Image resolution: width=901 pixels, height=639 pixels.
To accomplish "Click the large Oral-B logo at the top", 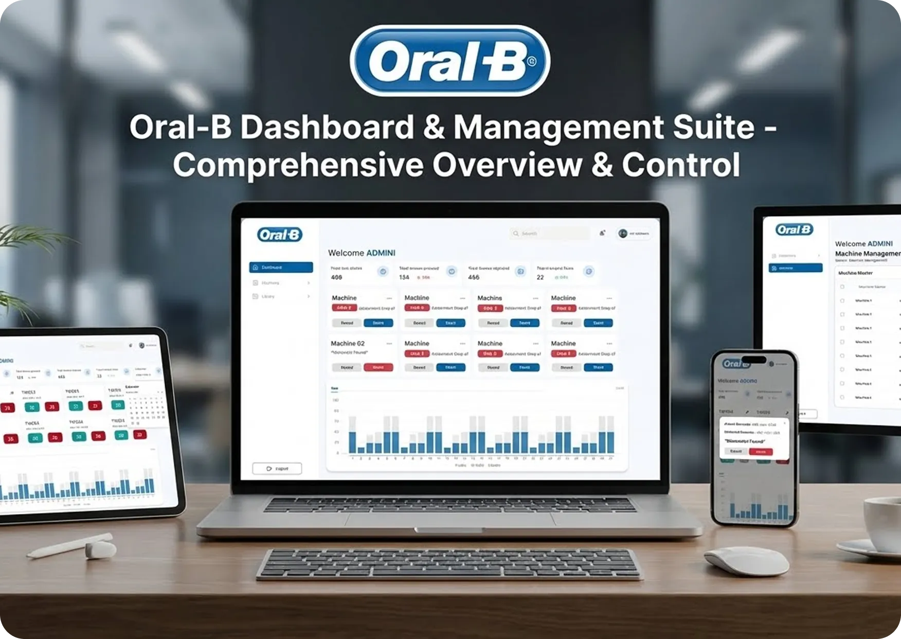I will pos(450,61).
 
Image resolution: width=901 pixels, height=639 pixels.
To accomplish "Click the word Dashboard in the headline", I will pos(327,127).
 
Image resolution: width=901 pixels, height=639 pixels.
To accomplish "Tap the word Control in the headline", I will pos(681,165).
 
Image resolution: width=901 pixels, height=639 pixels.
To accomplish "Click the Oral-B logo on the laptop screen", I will pos(280,235).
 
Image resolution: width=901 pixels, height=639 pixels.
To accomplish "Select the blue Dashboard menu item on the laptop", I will pos(281,268).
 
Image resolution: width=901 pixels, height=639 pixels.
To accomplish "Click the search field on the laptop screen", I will pos(549,234).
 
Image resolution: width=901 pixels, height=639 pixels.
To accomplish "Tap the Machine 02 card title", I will pos(348,343).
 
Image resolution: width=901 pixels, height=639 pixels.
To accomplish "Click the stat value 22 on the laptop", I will pos(540,277).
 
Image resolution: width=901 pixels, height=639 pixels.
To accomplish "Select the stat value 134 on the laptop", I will pos(404,277).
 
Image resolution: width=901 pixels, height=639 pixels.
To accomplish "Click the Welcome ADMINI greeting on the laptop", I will pos(362,253).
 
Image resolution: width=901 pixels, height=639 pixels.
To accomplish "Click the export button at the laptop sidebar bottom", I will pos(277,469).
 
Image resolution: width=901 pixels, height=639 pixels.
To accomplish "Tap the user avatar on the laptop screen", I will pos(623,234).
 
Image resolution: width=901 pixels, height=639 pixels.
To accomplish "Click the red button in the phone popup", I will pos(761,452).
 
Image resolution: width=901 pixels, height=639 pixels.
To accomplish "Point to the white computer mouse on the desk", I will pos(746,560).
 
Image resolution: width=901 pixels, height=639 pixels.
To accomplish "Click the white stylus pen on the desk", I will pos(72,546).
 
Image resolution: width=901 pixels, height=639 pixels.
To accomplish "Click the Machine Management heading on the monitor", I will pos(867,254).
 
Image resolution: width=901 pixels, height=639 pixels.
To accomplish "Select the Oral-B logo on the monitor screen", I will pos(795,229).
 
